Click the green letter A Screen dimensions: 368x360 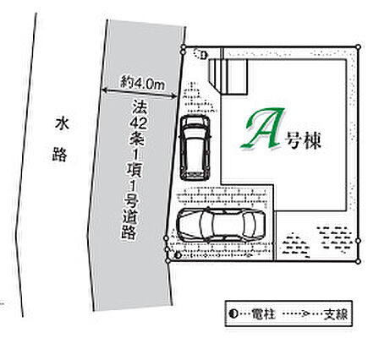point(264,128)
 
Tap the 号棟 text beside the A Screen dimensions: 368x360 point(303,140)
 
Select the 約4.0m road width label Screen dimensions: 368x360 point(143,83)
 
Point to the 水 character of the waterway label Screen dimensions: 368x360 point(62,124)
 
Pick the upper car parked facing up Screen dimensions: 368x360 point(195,148)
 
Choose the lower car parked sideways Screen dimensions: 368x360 point(221,225)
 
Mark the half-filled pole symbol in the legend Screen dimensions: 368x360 point(233,314)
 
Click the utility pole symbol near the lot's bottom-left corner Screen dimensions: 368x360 point(178,255)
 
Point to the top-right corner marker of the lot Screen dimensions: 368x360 point(359,46)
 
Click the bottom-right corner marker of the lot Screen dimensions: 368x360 point(358,261)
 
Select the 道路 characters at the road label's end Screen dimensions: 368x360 point(129,225)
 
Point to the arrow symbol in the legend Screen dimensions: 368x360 point(304,314)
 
